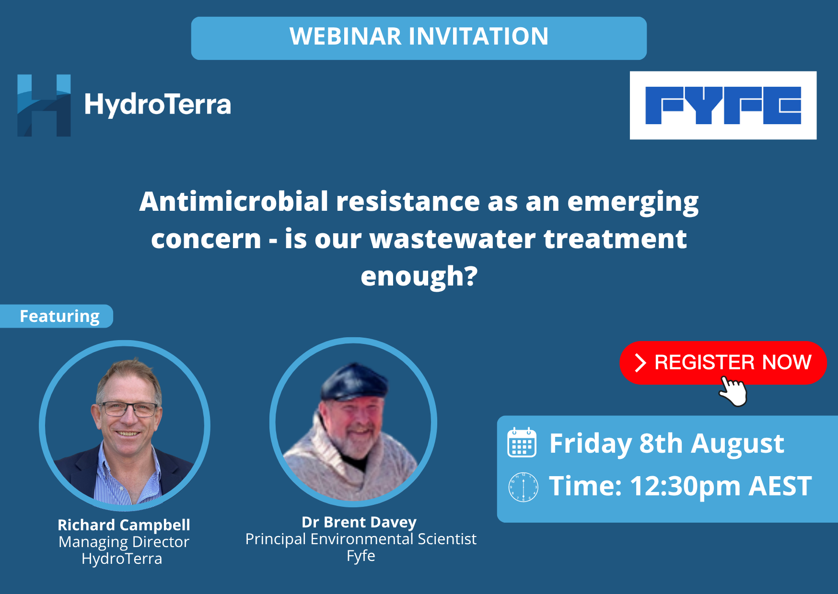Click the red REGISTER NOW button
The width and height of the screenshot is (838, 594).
click(723, 363)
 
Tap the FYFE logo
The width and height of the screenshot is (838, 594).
click(723, 105)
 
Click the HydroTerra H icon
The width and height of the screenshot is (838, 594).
click(44, 105)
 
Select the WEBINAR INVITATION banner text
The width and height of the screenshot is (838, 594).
click(419, 36)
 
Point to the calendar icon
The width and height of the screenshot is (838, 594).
click(522, 442)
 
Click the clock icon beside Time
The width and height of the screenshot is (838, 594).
click(523, 487)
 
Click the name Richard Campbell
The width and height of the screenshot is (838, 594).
click(124, 525)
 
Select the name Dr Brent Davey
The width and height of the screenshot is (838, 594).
click(359, 522)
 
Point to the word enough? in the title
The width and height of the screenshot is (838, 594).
click(419, 277)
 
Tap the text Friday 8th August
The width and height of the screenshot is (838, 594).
click(667, 444)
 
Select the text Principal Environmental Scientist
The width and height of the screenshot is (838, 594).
click(361, 539)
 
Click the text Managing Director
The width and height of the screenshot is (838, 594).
click(124, 542)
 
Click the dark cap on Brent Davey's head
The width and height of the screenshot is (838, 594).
click(354, 381)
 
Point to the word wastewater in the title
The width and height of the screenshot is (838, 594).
click(453, 239)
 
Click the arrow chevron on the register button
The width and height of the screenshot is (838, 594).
click(640, 363)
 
